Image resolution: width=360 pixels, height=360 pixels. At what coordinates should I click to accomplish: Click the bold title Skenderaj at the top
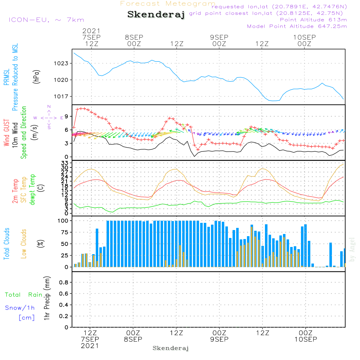156,15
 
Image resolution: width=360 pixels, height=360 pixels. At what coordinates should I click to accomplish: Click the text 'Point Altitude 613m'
313,20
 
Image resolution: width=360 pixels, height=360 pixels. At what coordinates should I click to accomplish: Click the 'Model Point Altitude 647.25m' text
297,26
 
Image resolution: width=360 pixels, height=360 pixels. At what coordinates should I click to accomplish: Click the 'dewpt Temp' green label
32,190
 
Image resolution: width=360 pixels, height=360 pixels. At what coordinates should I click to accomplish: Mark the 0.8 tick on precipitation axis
64,283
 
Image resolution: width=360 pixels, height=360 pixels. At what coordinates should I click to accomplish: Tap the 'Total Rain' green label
24,295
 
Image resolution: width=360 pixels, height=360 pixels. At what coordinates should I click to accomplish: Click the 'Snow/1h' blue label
20,308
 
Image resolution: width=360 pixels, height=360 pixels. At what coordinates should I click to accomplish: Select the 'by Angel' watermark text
352,249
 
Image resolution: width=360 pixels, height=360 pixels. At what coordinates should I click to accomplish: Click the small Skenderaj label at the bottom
171,348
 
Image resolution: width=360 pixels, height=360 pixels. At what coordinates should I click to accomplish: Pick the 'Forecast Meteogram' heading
168,4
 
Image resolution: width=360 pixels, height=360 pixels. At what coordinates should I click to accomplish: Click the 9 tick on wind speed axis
66,116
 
